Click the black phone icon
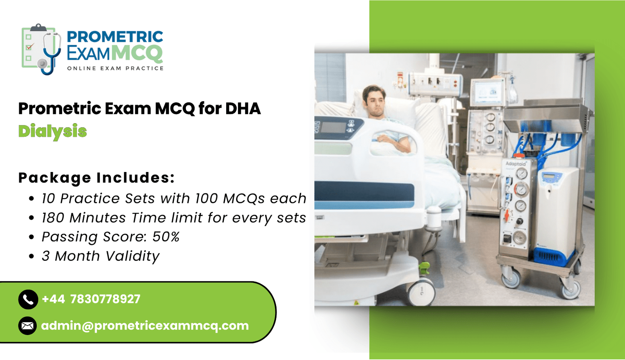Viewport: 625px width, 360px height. pos(28,299)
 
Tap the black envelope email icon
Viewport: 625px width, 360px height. pos(27,326)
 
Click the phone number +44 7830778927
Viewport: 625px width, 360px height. pos(91,299)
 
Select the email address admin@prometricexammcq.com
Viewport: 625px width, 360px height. pos(145,326)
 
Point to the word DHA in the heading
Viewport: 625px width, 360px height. pos(243,108)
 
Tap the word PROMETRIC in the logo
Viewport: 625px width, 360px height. pos(115,37)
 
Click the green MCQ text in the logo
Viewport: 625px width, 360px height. pos(137,53)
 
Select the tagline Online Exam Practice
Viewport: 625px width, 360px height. pos(115,68)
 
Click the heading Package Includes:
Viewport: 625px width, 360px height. pos(96,177)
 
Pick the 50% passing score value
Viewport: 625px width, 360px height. pos(166,237)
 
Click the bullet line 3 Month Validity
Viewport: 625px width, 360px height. pos(100,256)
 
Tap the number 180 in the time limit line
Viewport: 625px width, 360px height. pos(53,218)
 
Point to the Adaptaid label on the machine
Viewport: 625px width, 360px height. pos(516,164)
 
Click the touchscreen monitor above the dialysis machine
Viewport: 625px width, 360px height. pos(487,92)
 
